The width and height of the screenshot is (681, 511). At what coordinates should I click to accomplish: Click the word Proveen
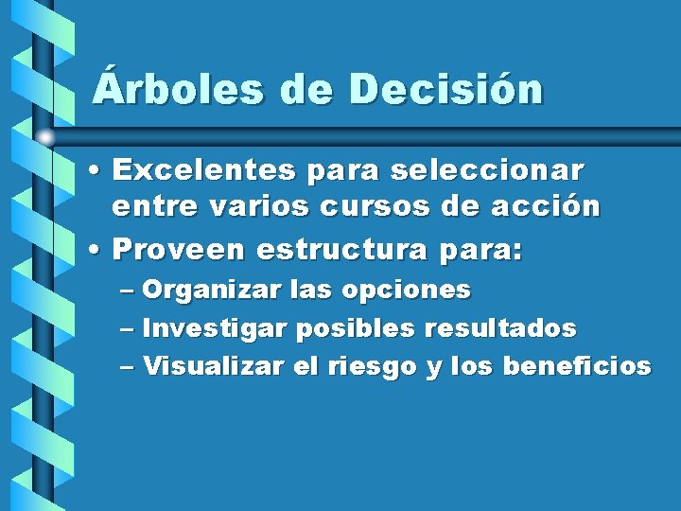(x=179, y=250)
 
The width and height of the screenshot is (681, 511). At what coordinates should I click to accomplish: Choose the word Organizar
(x=211, y=290)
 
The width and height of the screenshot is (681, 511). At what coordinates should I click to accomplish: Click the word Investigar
(x=217, y=329)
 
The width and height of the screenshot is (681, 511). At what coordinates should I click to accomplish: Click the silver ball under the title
(x=44, y=136)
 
